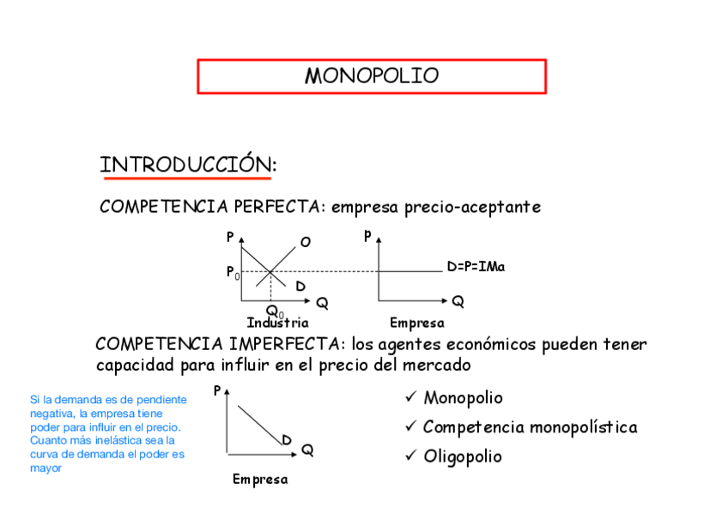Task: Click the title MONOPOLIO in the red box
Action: [371, 76]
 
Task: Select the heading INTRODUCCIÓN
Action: [188, 164]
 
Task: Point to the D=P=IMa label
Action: [476, 267]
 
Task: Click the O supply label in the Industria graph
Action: [305, 242]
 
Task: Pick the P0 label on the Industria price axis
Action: [232, 272]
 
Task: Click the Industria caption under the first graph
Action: [277, 324]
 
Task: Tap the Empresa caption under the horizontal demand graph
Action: [416, 324]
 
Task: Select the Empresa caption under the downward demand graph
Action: [260, 480]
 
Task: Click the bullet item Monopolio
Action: [463, 398]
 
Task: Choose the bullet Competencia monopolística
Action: [530, 427]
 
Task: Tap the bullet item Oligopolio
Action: [463, 457]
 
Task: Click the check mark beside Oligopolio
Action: [410, 456]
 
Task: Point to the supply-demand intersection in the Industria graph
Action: [270, 272]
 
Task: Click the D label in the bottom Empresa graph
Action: [286, 440]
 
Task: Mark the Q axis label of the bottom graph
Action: [306, 450]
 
